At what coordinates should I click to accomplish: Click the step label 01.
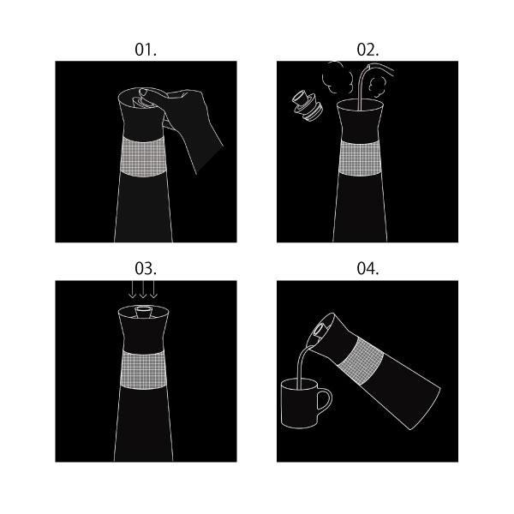click(146, 50)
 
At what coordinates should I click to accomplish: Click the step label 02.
click(368, 50)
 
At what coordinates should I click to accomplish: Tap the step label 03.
click(146, 268)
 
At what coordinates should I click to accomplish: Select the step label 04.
click(368, 268)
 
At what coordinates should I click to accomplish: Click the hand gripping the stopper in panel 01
click(187, 122)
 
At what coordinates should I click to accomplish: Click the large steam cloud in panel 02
click(337, 78)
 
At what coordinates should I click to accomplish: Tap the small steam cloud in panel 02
click(376, 87)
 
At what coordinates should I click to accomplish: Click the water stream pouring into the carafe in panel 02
click(362, 88)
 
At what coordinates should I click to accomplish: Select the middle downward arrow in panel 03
click(142, 290)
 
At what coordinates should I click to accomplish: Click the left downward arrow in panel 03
click(132, 290)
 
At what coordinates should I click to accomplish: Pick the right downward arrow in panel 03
click(153, 290)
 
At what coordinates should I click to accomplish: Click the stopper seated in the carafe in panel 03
click(142, 312)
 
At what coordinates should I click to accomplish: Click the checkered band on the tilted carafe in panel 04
click(360, 361)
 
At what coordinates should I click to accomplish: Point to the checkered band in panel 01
click(144, 157)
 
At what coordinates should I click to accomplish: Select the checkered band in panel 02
click(360, 158)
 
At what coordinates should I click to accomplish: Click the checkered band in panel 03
click(143, 369)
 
